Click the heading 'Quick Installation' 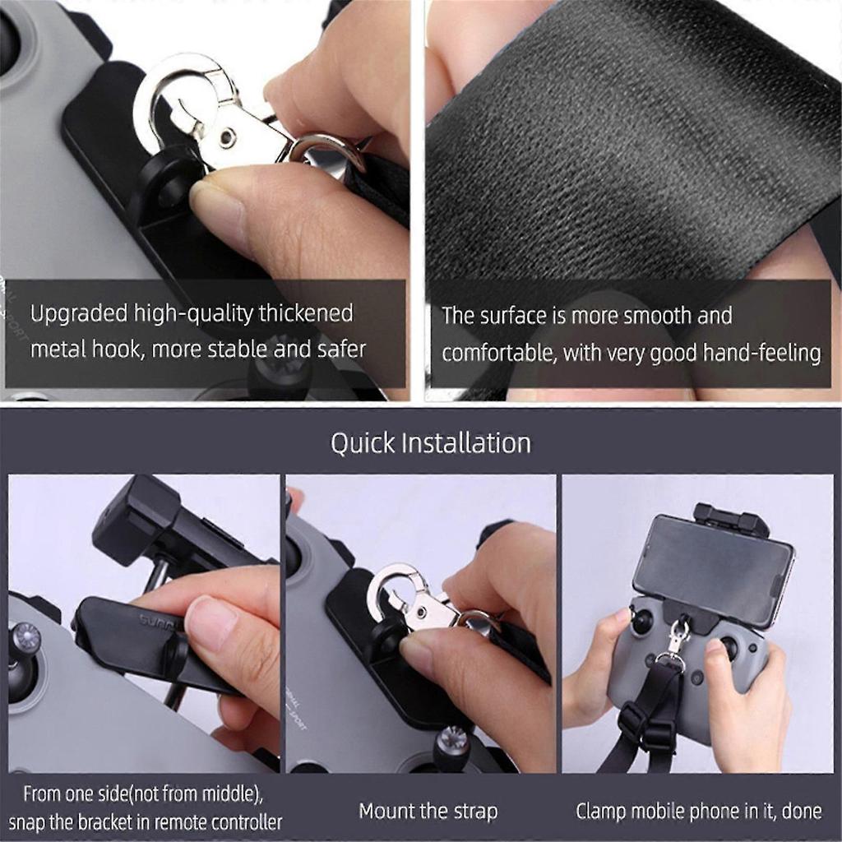[x=430, y=443]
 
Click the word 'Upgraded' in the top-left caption [x=80, y=313]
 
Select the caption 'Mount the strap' [x=428, y=812]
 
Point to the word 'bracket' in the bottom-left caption [x=113, y=821]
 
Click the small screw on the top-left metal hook [x=225, y=135]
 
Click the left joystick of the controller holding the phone [x=641, y=621]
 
